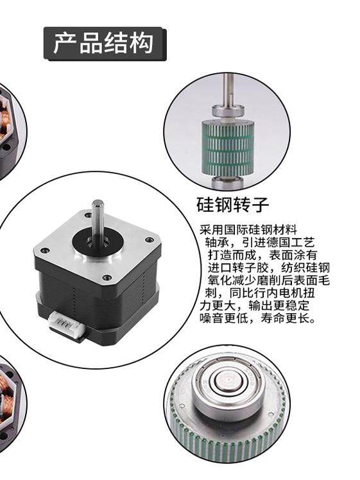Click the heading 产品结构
click(103, 43)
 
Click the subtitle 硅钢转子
click(232, 205)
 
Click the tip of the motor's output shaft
click(98, 203)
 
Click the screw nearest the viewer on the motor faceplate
click(107, 277)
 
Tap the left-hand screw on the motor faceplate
click(46, 250)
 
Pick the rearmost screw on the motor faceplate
click(88, 216)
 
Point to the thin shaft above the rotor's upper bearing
click(228, 89)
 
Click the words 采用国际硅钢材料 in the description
click(248, 230)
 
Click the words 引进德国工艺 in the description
click(279, 243)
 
